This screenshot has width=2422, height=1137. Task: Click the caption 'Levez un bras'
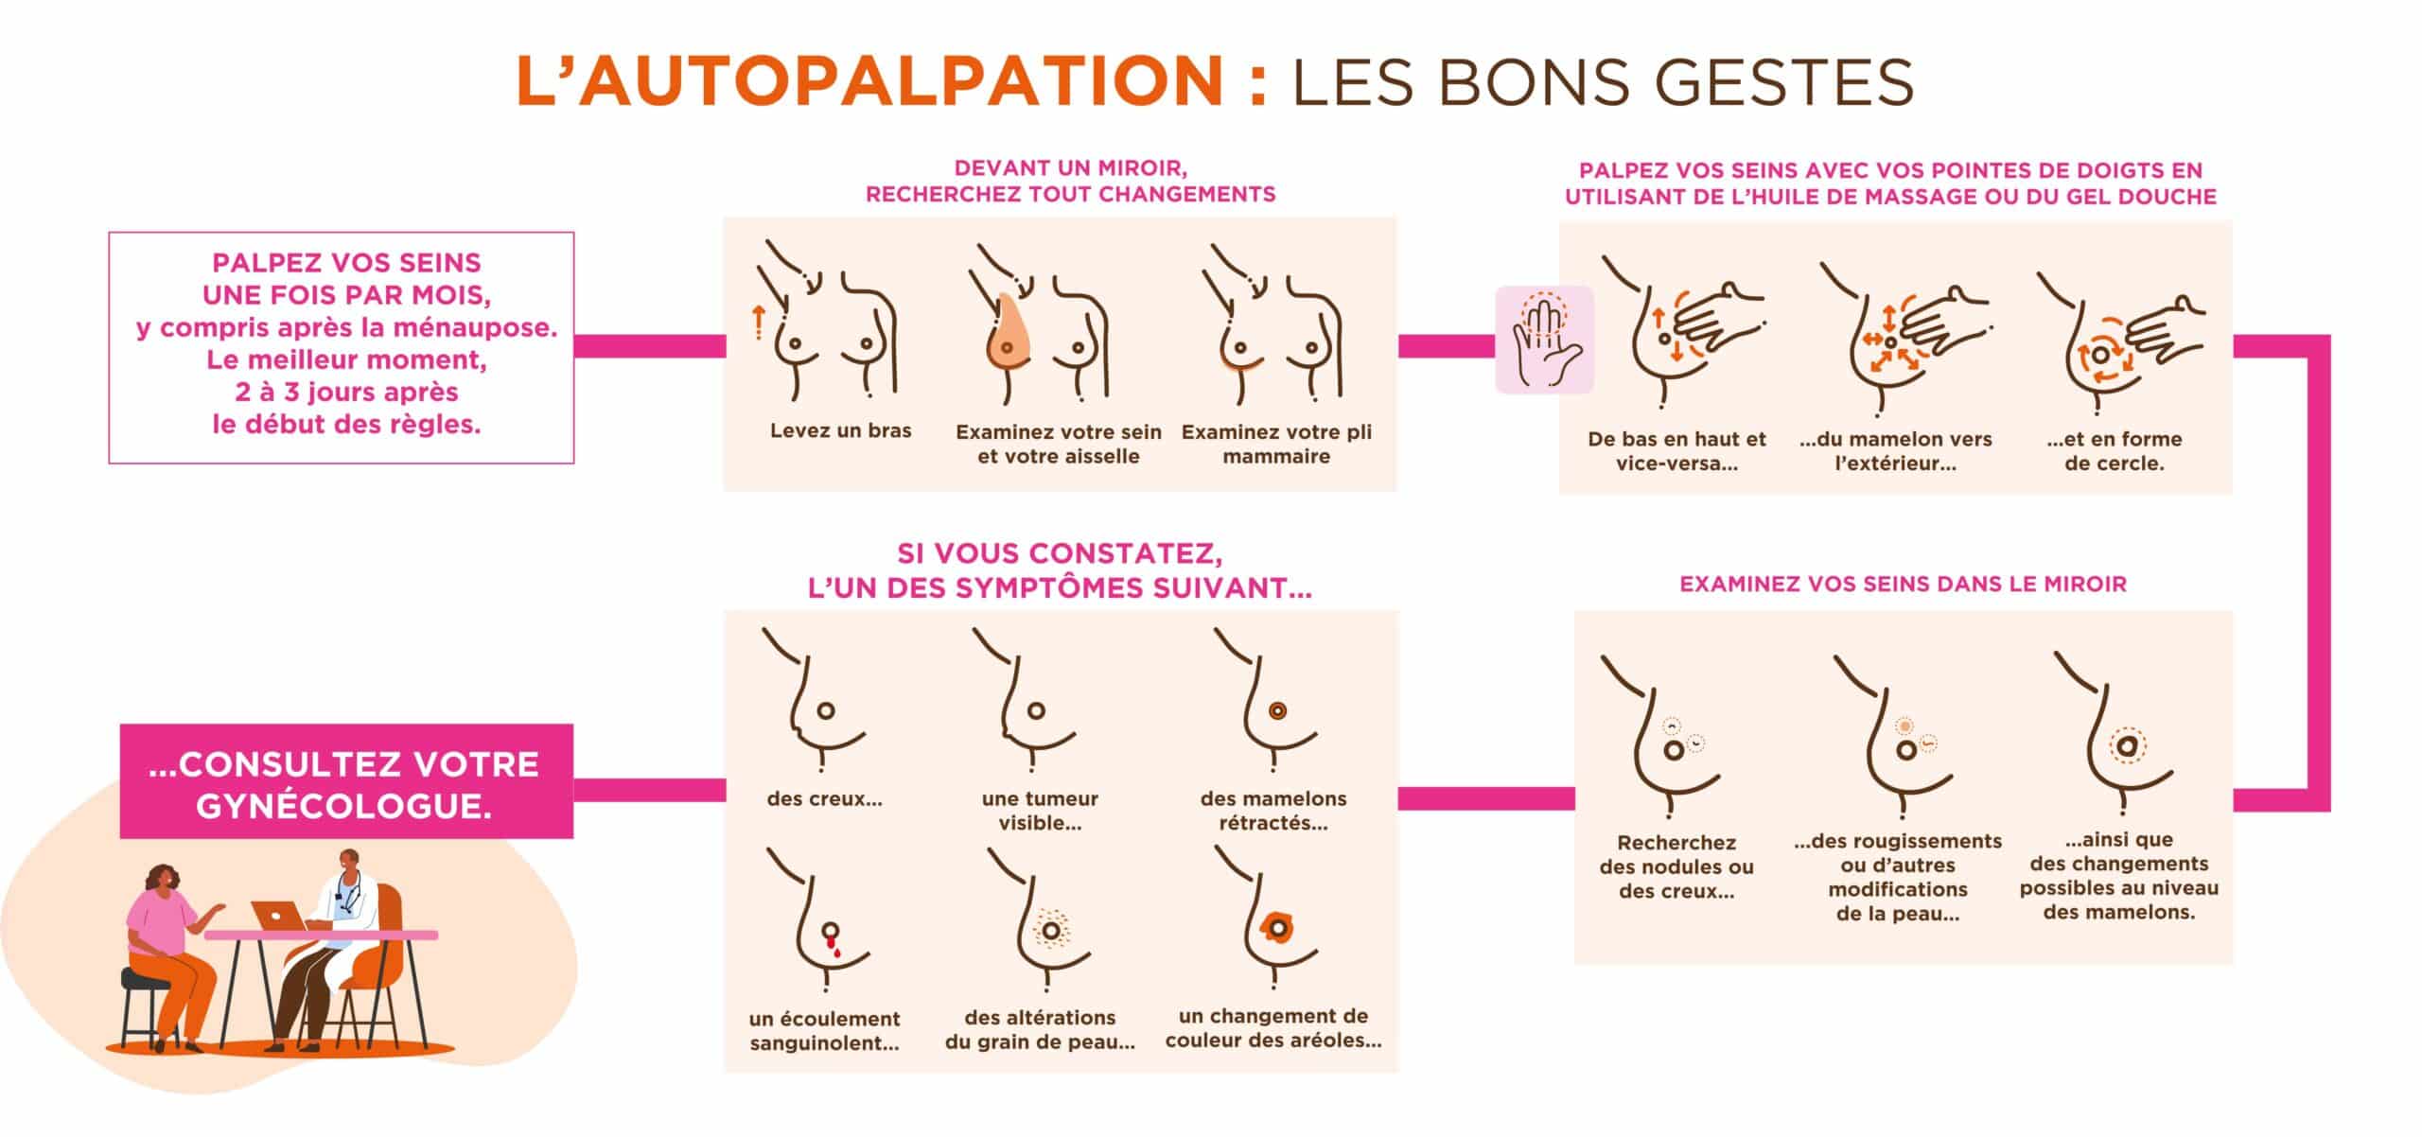pyautogui.click(x=840, y=431)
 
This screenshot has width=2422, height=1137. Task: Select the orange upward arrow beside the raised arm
pyautogui.click(x=757, y=323)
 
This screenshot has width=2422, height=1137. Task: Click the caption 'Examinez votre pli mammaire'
pyautogui.click(x=1276, y=445)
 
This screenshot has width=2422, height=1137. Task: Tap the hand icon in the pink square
pyautogui.click(x=1544, y=339)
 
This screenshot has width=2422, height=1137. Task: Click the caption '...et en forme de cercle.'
pyautogui.click(x=2114, y=451)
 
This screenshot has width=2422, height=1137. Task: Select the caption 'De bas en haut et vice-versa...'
pyautogui.click(x=1676, y=451)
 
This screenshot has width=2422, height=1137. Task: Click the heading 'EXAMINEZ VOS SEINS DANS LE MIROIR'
pyautogui.click(x=1903, y=585)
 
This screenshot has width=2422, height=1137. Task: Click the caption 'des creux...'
pyautogui.click(x=824, y=799)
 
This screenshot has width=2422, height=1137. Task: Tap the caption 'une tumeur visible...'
pyautogui.click(x=1040, y=811)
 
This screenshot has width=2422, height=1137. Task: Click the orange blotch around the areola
pyautogui.click(x=1278, y=927)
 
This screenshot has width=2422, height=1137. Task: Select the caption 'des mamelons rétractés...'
pyautogui.click(x=1273, y=811)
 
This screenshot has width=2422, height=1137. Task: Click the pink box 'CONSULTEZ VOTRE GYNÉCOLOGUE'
pyautogui.click(x=345, y=783)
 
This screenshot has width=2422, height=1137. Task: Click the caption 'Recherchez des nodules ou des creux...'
pyautogui.click(x=1676, y=866)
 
